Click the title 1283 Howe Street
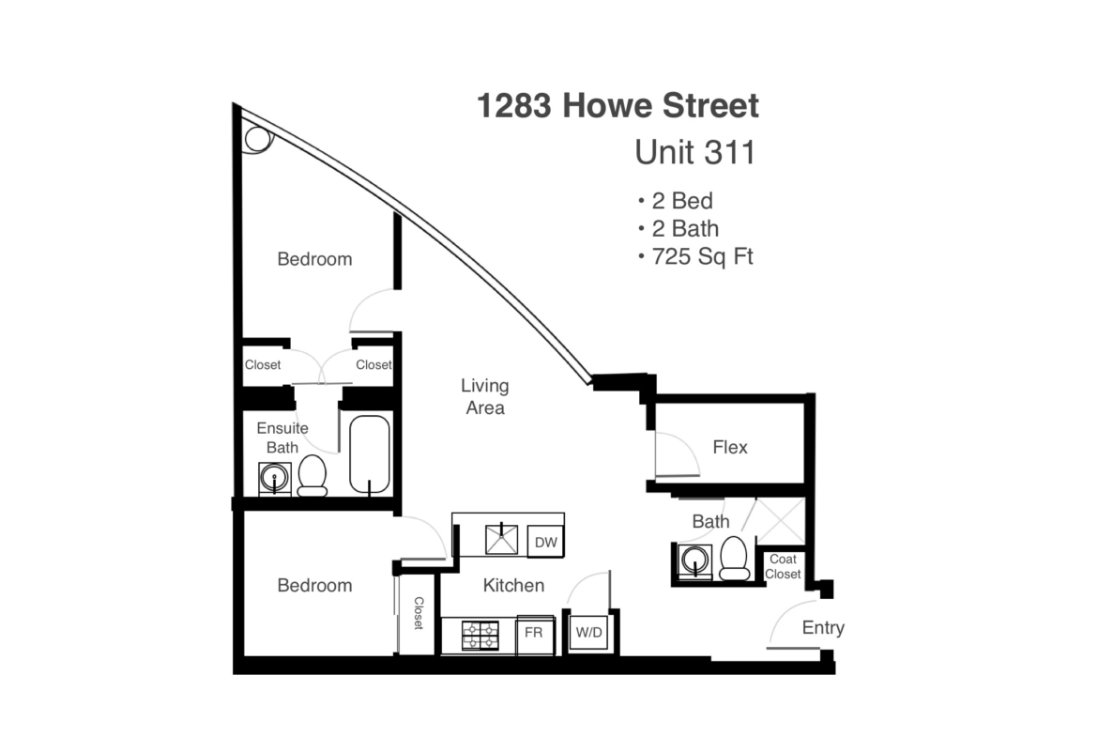(x=618, y=106)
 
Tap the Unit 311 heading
(x=694, y=153)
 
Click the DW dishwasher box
(x=545, y=542)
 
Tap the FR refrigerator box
(x=534, y=634)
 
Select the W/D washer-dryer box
(x=588, y=633)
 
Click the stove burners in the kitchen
(x=480, y=636)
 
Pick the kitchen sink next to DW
(x=502, y=540)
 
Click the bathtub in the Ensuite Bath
(x=369, y=454)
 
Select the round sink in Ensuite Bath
(x=274, y=479)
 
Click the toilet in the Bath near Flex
(x=735, y=559)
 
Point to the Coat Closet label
(x=783, y=567)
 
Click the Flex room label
(x=730, y=447)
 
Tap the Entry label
(x=823, y=628)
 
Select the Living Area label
(x=484, y=396)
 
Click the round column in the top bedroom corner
(x=258, y=139)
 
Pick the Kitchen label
(x=513, y=585)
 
